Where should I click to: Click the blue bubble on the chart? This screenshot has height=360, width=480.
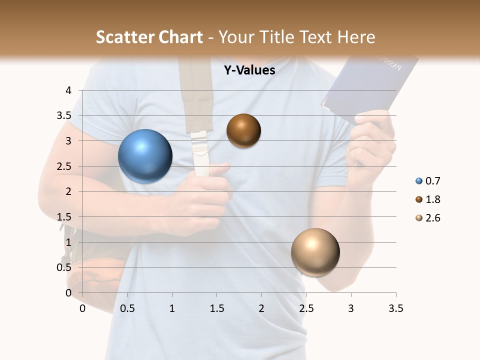point(145,156)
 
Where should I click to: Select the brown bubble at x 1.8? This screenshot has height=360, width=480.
point(243,130)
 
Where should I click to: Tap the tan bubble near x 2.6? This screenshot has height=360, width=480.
point(315,252)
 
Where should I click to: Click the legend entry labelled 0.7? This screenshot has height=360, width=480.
point(428,181)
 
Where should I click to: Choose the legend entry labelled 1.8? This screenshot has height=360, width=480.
point(428,199)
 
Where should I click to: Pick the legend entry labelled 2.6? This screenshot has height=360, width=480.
point(428,218)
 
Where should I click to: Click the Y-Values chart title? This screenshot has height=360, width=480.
point(249,70)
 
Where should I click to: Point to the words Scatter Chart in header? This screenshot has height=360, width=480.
point(149,37)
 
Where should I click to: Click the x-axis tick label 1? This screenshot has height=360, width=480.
point(172,308)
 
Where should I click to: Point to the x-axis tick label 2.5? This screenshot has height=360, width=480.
point(306,308)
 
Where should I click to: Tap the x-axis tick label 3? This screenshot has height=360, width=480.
point(351,308)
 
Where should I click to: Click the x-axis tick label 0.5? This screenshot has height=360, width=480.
point(127,308)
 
